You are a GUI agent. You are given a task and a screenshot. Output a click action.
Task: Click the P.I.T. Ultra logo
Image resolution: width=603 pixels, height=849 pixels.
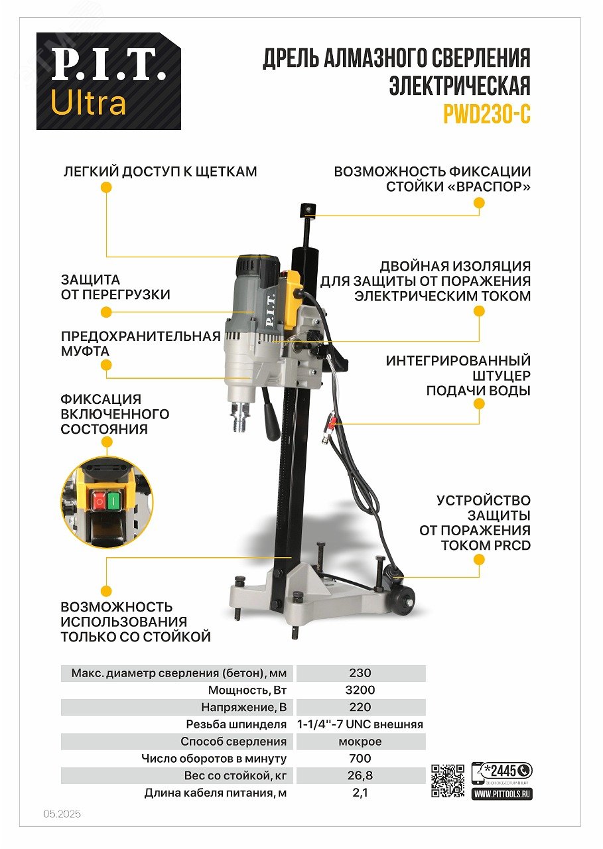[x=108, y=81]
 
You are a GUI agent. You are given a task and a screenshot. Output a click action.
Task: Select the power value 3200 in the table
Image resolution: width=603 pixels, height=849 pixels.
[x=360, y=690]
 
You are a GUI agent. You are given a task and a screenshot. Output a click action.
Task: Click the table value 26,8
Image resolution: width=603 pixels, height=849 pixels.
[x=360, y=775]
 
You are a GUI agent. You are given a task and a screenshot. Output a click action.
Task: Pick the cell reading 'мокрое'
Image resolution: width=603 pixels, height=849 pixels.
[x=360, y=742]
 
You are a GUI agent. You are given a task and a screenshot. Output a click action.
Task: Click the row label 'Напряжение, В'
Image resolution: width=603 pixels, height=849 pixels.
[x=243, y=707]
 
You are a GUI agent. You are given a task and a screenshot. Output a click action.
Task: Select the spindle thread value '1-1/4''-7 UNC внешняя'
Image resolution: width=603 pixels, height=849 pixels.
[x=360, y=724]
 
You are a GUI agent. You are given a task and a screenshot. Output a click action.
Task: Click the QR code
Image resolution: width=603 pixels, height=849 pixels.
[x=448, y=781]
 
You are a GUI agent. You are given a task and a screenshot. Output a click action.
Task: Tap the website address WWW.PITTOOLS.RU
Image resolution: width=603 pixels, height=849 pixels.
[x=502, y=793]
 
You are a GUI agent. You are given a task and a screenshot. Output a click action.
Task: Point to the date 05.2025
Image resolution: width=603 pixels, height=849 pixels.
[x=62, y=814]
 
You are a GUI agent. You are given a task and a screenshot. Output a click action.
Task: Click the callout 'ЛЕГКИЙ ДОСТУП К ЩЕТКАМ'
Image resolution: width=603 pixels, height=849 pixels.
[x=160, y=172]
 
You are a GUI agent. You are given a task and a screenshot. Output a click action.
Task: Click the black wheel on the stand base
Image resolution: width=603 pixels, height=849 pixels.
[x=403, y=600]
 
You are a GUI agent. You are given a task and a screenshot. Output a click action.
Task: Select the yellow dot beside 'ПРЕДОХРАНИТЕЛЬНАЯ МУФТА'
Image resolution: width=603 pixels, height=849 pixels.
[x=106, y=365]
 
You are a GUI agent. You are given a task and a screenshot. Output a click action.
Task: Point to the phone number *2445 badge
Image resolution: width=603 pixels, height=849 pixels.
[x=502, y=771]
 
